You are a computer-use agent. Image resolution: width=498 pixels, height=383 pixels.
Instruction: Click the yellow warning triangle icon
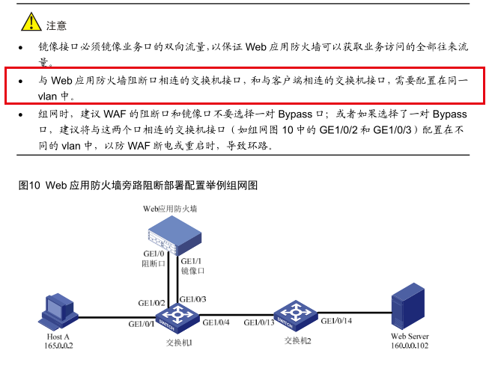(31, 22)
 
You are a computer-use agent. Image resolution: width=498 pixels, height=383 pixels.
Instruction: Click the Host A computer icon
(58, 312)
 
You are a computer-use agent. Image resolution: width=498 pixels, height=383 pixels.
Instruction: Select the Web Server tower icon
(408, 306)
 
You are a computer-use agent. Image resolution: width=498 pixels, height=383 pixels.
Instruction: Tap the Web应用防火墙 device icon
(174, 236)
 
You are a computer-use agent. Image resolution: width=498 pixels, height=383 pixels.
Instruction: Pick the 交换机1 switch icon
(177, 318)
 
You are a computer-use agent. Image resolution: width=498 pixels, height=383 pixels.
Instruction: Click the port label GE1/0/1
(142, 324)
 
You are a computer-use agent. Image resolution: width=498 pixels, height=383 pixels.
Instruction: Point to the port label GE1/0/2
(151, 303)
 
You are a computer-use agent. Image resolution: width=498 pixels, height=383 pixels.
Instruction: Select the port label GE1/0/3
(192, 299)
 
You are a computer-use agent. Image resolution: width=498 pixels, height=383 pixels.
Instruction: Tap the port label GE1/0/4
(216, 322)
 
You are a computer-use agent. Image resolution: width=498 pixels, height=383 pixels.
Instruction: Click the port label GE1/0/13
(259, 322)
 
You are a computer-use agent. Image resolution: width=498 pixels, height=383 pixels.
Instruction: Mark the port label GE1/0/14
(336, 321)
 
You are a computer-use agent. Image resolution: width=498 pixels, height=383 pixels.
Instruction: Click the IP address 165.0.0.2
(58, 346)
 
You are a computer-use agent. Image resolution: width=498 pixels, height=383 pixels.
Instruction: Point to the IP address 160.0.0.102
(410, 346)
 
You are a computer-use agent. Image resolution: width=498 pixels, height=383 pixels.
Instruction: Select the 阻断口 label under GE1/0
(154, 263)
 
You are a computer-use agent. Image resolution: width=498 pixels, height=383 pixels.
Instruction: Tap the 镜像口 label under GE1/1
(192, 271)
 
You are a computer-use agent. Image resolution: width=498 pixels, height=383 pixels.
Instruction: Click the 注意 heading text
(56, 25)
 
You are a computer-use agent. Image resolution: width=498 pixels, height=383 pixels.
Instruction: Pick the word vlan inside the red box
(48, 96)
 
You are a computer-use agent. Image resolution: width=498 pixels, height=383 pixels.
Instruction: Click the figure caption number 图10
(29, 185)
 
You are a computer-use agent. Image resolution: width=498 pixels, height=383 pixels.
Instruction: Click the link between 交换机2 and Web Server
(355, 313)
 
